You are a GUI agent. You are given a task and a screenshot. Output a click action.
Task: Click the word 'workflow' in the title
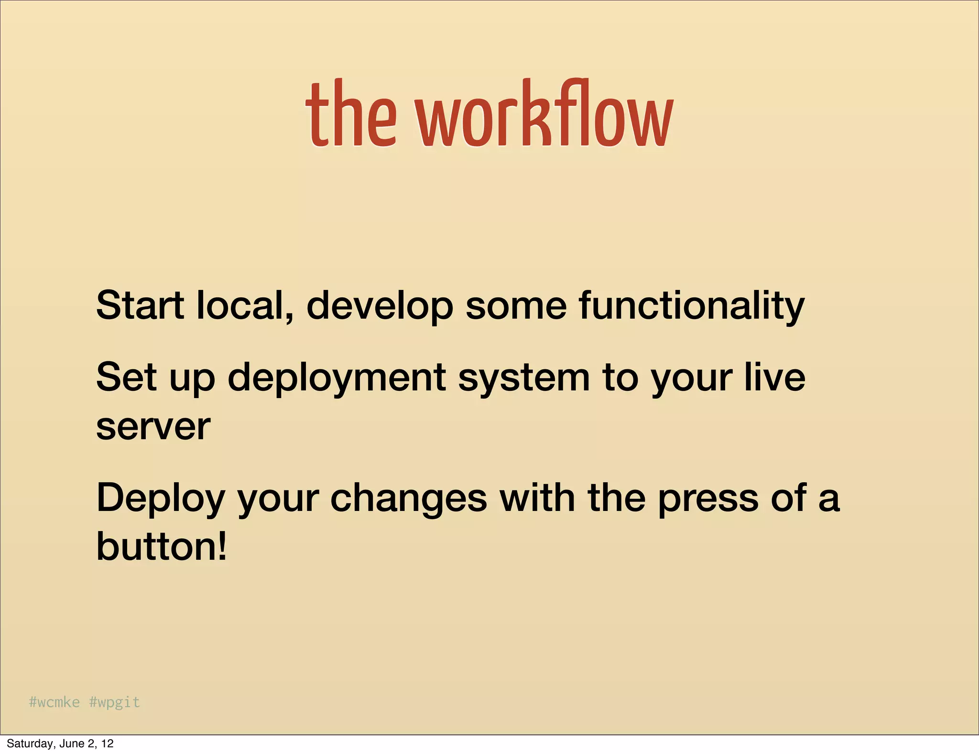click(544, 115)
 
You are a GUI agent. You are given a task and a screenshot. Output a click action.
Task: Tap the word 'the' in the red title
click(351, 115)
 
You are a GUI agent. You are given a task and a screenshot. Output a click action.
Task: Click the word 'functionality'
click(691, 306)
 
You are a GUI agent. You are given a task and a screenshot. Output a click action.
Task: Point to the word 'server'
click(153, 427)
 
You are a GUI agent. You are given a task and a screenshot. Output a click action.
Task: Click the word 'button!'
click(161, 546)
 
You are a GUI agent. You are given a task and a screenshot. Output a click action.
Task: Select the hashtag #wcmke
click(54, 702)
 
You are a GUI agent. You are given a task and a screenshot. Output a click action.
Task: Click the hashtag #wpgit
click(115, 702)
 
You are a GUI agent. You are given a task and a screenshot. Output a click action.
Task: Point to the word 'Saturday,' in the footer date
click(29, 743)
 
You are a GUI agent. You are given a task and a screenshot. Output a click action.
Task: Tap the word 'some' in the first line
click(516, 306)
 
